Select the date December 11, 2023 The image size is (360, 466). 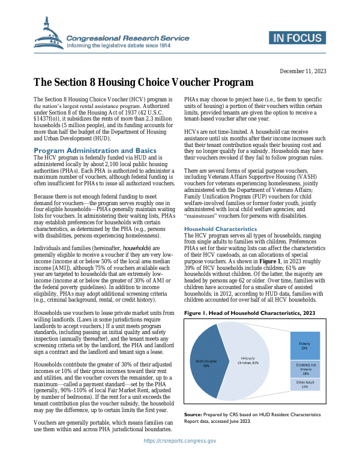tap(302, 71)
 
